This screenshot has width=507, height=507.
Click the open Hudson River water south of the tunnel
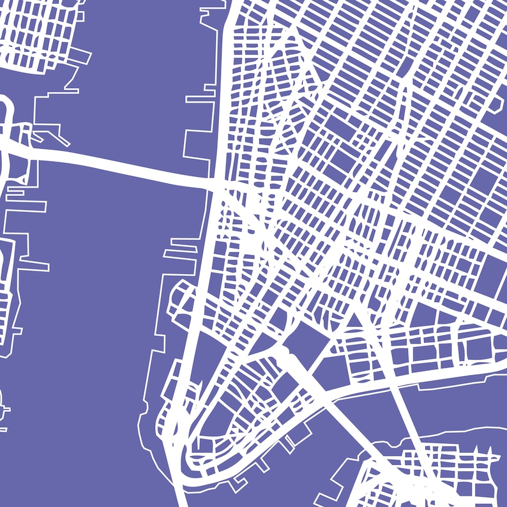point(96,319)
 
